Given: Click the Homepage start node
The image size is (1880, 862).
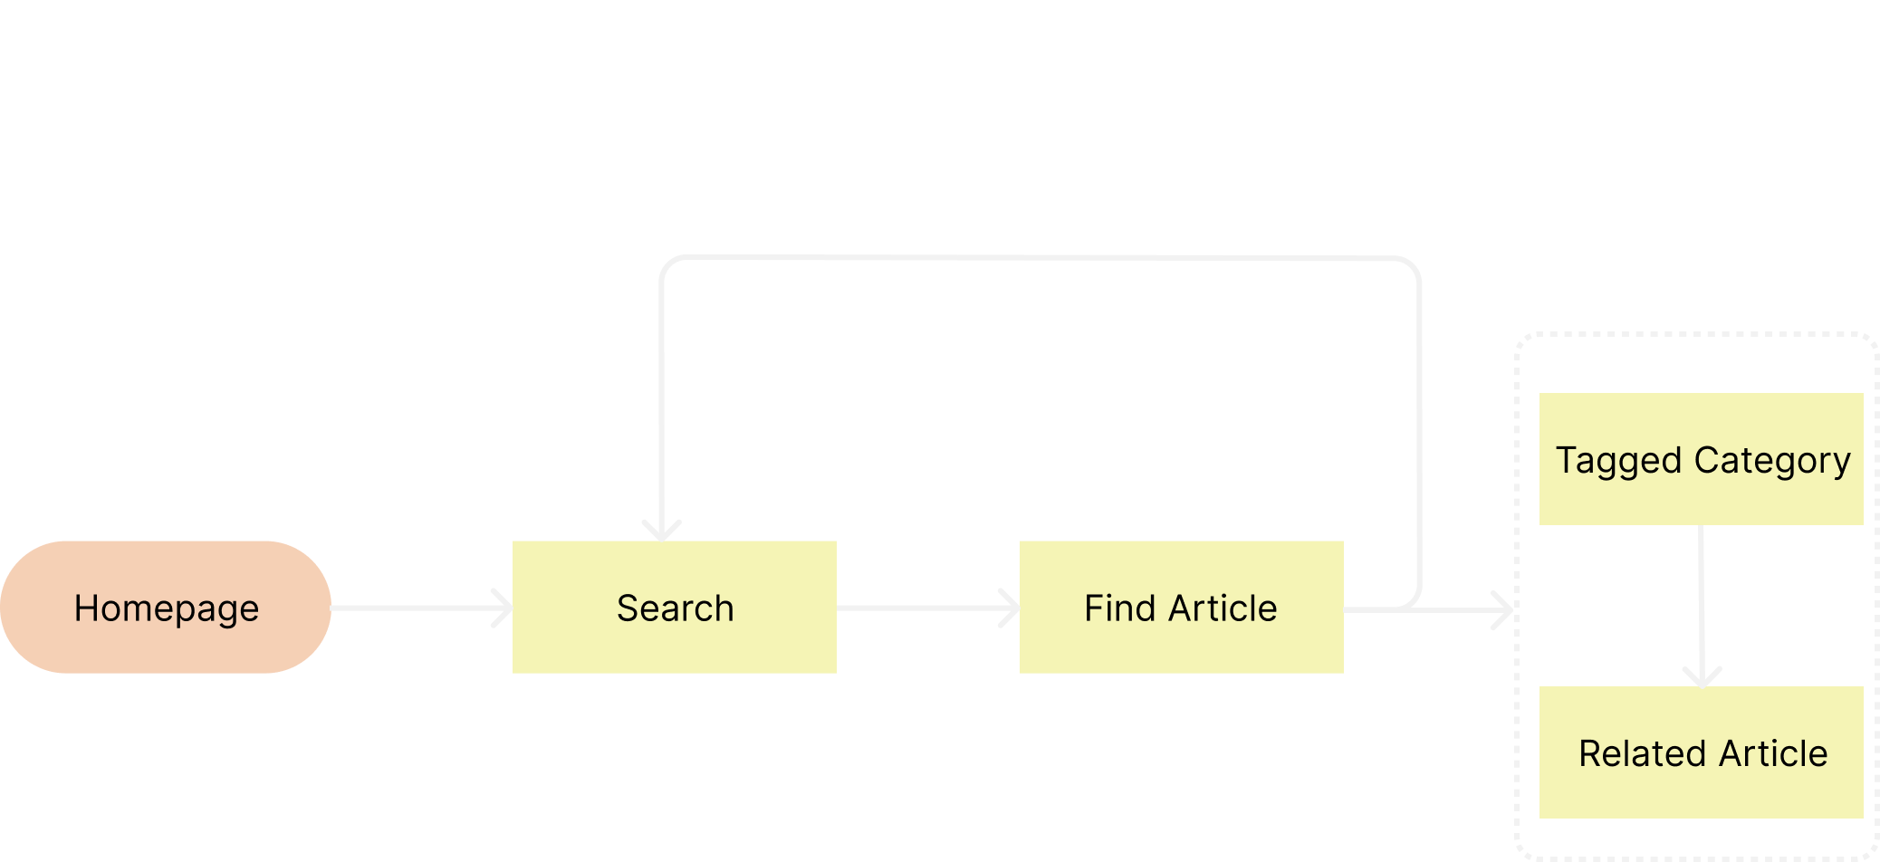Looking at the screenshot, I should pyautogui.click(x=166, y=607).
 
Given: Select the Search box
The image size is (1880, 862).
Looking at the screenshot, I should pyautogui.click(x=674, y=607).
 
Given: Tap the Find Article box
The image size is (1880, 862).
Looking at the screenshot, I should pyautogui.click(x=1181, y=607).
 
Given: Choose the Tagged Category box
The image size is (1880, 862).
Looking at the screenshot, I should pyautogui.click(x=1701, y=459).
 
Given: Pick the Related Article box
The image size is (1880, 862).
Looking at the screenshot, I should pyautogui.click(x=1701, y=752).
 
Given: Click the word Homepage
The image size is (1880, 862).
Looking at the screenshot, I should pyautogui.click(x=166, y=608).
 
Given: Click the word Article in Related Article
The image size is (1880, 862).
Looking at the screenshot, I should pyautogui.click(x=1773, y=753).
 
